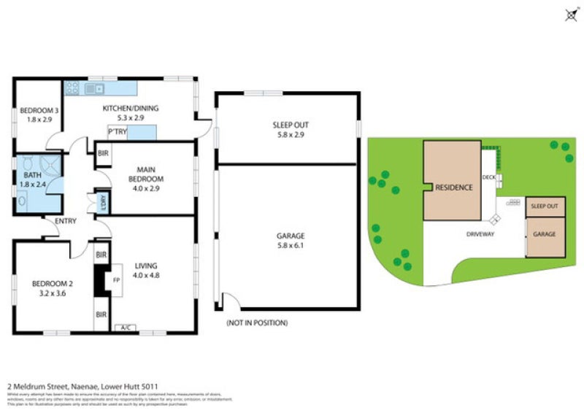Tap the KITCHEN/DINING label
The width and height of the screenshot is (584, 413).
point(130,109)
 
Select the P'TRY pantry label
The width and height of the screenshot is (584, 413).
point(116,132)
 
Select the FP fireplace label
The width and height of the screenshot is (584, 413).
point(115,279)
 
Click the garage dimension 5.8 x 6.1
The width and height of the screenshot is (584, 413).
point(290,246)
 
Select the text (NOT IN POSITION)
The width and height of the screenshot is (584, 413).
point(257,323)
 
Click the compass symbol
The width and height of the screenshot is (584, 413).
point(570,15)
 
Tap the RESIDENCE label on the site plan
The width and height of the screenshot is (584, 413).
point(453,188)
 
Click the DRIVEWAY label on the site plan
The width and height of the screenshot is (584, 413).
point(481,234)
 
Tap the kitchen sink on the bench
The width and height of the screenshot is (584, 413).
point(93,89)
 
